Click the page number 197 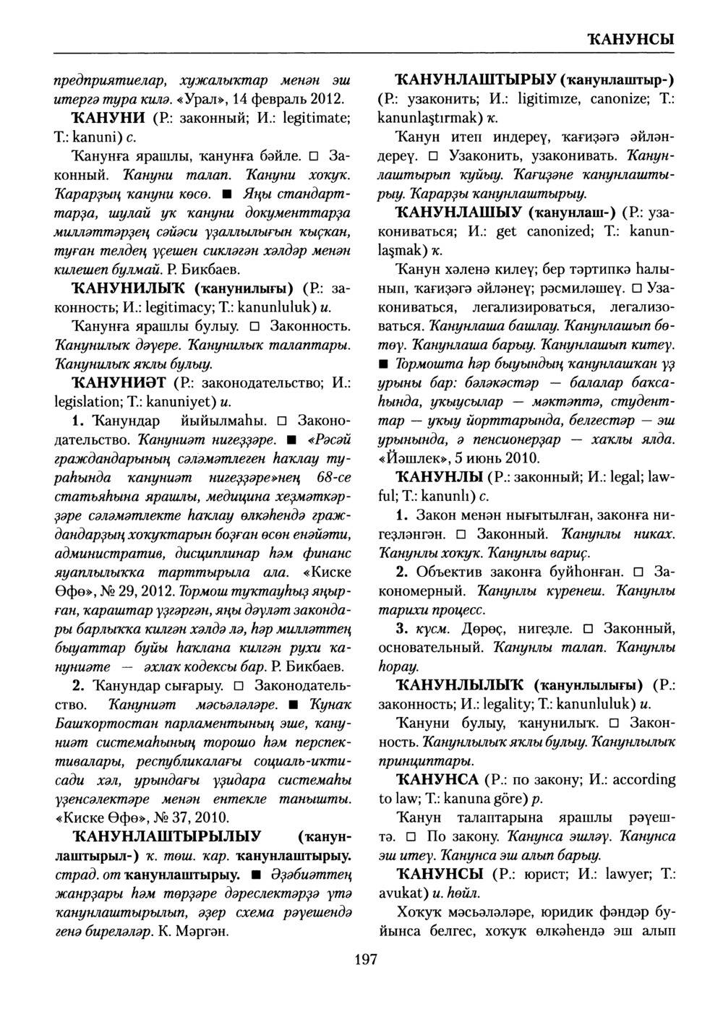(367, 959)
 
